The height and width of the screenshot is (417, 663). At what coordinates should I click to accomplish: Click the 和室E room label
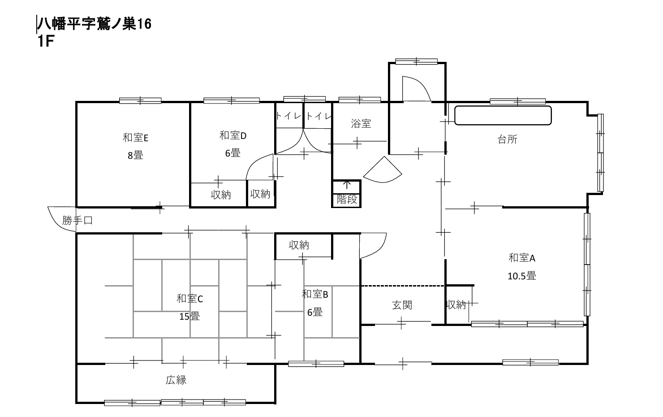point(135,138)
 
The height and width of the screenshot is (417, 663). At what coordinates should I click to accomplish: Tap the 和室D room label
point(232,136)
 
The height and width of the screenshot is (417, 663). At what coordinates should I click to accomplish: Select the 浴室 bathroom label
point(361,123)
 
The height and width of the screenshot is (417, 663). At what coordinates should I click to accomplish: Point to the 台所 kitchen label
point(507,139)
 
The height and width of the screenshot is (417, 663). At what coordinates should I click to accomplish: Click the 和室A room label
point(522,258)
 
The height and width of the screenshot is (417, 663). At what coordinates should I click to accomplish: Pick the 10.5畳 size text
point(522,276)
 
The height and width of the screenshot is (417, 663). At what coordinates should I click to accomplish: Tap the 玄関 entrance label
point(402,305)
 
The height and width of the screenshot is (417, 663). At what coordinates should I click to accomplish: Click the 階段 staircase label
point(347,200)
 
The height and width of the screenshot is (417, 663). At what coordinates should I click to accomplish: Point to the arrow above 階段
point(347,184)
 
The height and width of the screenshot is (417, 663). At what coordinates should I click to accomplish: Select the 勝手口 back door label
point(77,220)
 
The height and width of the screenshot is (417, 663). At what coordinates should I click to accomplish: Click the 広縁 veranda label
point(176,380)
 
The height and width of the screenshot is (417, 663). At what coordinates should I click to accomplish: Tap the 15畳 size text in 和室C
point(189,316)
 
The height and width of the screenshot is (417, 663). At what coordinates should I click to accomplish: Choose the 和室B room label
point(315,294)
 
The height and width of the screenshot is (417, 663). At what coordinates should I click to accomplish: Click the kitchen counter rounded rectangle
point(503,115)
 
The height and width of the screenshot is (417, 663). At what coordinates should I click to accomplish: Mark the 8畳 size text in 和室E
point(135,155)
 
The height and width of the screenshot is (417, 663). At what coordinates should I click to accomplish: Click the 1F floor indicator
point(46,41)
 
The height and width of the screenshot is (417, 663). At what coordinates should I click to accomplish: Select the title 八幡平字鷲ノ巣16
point(94,24)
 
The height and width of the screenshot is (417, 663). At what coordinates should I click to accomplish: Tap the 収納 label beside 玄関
point(456,304)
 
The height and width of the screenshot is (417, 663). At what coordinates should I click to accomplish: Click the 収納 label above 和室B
point(299,245)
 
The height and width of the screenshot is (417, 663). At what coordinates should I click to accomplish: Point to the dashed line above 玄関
point(403,286)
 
